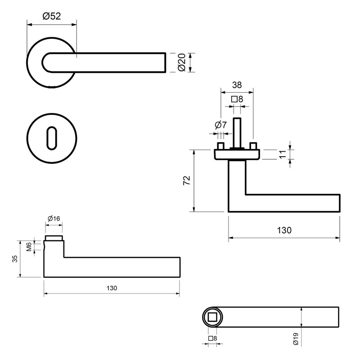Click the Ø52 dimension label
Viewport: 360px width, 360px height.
click(52, 16)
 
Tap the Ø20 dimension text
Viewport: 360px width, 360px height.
click(182, 63)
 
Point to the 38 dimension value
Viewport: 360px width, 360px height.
click(236, 84)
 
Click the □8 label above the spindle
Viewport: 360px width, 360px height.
click(237, 99)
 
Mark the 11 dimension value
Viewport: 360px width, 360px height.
click(283, 154)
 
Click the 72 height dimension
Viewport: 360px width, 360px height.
click(187, 180)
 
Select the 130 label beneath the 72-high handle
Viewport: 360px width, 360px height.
click(284, 230)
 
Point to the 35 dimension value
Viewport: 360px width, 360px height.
click(15, 259)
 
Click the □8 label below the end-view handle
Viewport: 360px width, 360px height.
click(212, 338)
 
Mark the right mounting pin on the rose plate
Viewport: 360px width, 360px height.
click(253, 147)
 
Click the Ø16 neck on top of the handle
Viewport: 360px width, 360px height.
click(54, 238)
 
